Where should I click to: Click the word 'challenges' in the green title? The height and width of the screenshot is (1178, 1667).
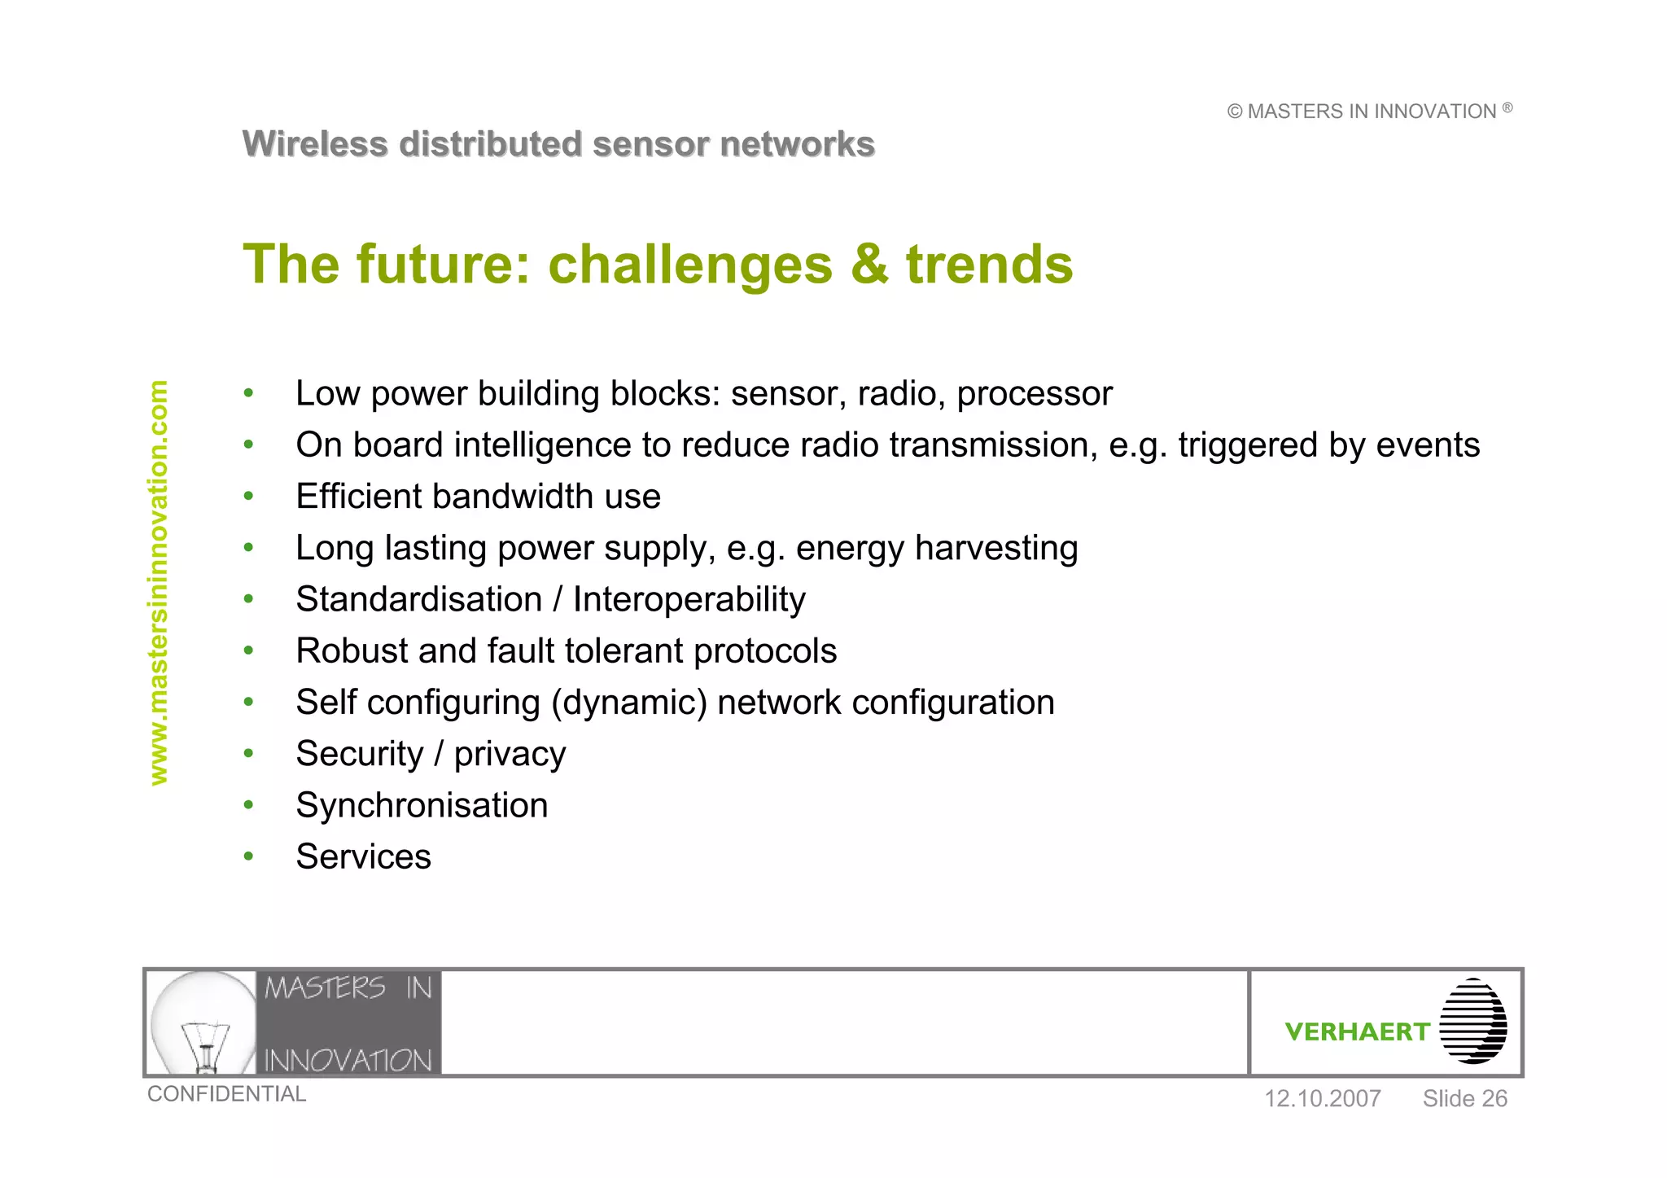tap(690, 265)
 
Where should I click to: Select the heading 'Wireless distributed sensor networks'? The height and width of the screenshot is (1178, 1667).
tap(558, 144)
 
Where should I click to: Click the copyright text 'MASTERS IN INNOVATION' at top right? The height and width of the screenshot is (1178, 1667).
tap(1371, 112)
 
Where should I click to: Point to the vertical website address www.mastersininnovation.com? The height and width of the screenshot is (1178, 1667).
tap(159, 583)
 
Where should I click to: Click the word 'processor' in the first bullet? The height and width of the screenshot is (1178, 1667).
tap(1034, 394)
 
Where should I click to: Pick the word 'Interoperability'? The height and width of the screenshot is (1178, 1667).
tap(689, 599)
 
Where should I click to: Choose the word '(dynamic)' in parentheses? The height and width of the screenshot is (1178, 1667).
tap(628, 703)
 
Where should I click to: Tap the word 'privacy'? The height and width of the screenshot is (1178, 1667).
tap(510, 755)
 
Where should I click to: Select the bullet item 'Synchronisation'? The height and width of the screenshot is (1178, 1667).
tap(422, 806)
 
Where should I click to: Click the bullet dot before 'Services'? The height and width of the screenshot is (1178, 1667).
tap(249, 856)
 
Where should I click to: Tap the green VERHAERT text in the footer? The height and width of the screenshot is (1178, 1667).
tap(1357, 1031)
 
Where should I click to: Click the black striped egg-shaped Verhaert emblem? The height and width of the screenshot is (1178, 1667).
tap(1472, 1021)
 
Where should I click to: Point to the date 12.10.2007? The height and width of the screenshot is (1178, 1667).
tap(1322, 1099)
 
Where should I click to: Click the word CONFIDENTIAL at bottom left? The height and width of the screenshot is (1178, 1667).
tap(226, 1094)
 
